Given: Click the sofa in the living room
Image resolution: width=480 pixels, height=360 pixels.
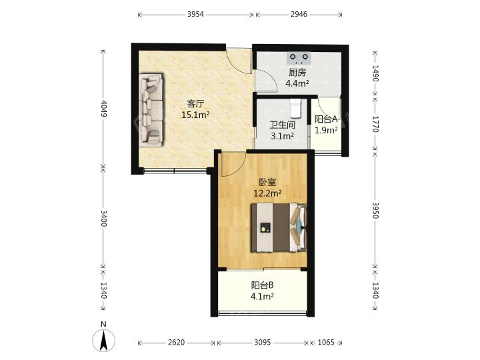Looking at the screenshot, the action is pyautogui.click(x=152, y=109).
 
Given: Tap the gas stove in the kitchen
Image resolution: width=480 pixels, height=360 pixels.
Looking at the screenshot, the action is pyautogui.click(x=299, y=58).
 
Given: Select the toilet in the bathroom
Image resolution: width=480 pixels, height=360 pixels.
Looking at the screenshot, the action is pyautogui.click(x=296, y=109).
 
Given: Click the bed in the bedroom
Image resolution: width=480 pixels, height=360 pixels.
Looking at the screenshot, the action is pyautogui.click(x=279, y=227).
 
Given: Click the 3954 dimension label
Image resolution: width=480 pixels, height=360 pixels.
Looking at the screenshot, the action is pyautogui.click(x=195, y=15).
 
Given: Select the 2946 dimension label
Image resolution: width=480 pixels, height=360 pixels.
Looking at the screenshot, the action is pyautogui.click(x=299, y=15).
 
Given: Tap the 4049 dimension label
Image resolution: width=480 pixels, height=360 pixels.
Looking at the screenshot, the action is pyautogui.click(x=103, y=109).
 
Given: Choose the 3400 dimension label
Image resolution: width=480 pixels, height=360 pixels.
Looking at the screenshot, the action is pyautogui.click(x=103, y=218).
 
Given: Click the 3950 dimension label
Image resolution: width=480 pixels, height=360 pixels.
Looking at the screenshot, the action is pyautogui.click(x=375, y=210).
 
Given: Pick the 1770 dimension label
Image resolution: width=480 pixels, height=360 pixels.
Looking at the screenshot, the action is pyautogui.click(x=375, y=124).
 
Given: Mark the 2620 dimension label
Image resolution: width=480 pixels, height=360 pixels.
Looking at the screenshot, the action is pyautogui.click(x=176, y=343).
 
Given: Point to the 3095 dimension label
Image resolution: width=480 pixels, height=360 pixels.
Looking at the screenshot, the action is pyautogui.click(x=263, y=343).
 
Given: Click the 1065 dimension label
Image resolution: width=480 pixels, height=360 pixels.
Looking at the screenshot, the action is pyautogui.click(x=325, y=343).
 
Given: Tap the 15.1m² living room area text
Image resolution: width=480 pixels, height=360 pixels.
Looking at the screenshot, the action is pyautogui.click(x=195, y=115).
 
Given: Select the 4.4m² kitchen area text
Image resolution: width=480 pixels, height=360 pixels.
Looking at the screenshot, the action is pyautogui.click(x=297, y=83).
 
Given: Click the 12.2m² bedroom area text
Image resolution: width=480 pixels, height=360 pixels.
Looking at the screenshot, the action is pyautogui.click(x=267, y=193).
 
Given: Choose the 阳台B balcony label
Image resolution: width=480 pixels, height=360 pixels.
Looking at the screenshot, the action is pyautogui.click(x=263, y=285).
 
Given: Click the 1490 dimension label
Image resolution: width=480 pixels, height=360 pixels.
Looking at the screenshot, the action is pyautogui.click(x=375, y=73).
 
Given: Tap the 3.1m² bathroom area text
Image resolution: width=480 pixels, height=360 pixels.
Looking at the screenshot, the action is pyautogui.click(x=282, y=135).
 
